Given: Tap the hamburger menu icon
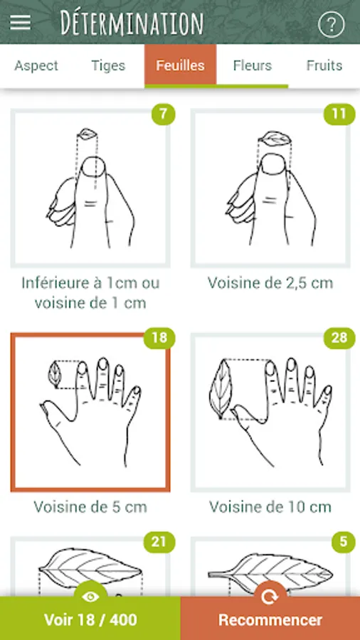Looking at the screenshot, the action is (21, 22).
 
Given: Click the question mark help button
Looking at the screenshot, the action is (331, 24).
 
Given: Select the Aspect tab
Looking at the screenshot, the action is (36, 65).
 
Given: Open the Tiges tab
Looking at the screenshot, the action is (108, 65).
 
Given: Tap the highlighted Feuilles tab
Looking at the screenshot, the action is (181, 65).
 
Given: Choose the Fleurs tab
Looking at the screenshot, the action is (253, 65).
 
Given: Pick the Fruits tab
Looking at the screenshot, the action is (324, 65).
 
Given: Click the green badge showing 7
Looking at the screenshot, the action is (163, 114).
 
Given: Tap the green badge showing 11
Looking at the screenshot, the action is (339, 114).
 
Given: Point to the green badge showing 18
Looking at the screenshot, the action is (159, 338).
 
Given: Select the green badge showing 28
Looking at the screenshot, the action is (339, 338).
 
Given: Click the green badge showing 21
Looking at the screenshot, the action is (159, 542).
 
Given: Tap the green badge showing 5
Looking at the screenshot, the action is (343, 542).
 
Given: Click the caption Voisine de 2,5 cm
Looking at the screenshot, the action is (270, 283).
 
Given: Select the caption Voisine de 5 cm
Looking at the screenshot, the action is (90, 507).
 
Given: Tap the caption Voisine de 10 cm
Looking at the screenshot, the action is (270, 507).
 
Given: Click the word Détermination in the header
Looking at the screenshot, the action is (132, 23).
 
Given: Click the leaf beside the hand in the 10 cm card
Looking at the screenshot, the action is (220, 389).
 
